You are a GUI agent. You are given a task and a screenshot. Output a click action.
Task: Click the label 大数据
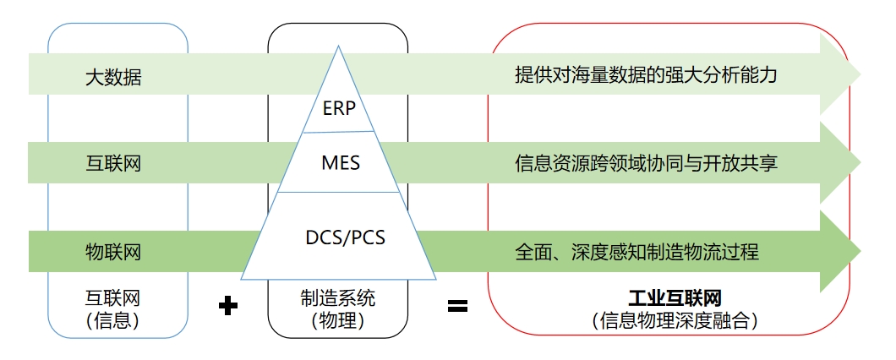click(x=113, y=78)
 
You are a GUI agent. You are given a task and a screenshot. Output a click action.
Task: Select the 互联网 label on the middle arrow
click(x=113, y=163)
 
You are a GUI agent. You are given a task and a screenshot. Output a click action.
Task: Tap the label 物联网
click(x=113, y=251)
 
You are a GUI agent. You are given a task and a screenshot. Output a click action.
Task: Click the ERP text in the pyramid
click(x=339, y=108)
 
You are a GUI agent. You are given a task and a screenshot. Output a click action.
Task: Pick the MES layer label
click(x=341, y=161)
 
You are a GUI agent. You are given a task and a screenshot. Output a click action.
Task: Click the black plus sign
click(x=227, y=305)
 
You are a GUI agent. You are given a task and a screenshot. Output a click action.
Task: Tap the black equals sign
click(x=457, y=305)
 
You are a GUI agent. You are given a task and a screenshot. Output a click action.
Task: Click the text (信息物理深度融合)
click(x=674, y=320)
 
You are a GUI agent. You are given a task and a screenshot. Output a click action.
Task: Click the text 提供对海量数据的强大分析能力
click(x=646, y=75)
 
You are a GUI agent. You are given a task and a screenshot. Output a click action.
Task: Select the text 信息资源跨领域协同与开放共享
click(x=646, y=161)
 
